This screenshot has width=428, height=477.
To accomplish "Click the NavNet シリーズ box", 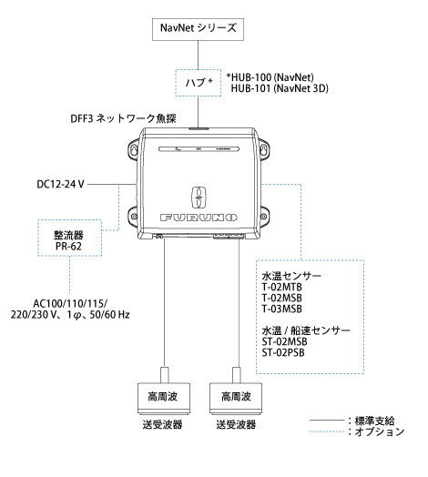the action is click(198, 29).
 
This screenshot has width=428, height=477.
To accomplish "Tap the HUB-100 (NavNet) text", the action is click(270, 77).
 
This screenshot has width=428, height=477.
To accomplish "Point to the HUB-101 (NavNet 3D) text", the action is click(280, 88).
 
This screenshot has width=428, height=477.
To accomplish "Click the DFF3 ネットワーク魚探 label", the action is click(123, 118).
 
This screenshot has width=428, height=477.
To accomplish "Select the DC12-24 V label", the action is click(60, 185).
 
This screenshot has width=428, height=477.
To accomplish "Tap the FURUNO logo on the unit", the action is click(199, 218).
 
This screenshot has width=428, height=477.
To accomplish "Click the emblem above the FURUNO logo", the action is click(199, 198).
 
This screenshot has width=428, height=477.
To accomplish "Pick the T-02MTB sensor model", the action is click(282, 287).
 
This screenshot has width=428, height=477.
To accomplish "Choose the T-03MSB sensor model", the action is click(282, 309).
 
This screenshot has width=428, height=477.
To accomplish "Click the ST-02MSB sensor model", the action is click(285, 341).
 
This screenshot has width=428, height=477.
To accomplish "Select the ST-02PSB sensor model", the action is click(283, 352).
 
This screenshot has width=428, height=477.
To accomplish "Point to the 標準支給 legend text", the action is click(375, 421).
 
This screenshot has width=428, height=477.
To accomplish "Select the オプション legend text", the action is click(380, 431).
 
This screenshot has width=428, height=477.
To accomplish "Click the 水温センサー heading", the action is click(291, 276).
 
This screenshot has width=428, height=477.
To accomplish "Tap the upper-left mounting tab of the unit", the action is click(134, 148).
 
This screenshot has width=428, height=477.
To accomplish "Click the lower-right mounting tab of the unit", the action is click(263, 216).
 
